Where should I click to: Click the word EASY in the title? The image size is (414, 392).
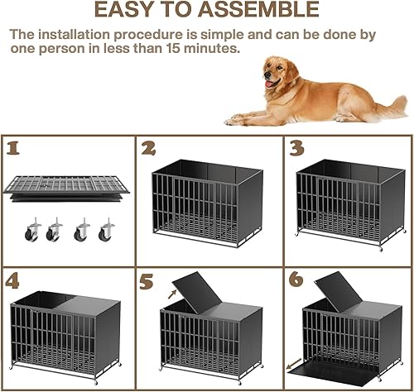(x=127, y=11)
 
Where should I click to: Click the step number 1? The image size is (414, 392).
(x=12, y=149)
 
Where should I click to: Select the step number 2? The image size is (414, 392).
(x=150, y=150)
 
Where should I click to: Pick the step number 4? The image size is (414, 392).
(x=13, y=280)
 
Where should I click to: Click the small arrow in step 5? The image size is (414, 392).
(x=173, y=291)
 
